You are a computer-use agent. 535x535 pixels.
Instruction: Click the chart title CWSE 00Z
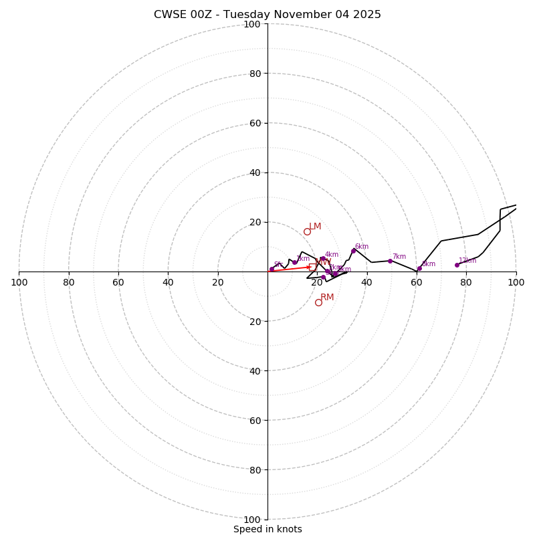[x=267, y=15]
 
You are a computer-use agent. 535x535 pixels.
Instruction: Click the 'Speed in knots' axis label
[x=267, y=529]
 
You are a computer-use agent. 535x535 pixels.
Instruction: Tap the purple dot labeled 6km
[x=354, y=251]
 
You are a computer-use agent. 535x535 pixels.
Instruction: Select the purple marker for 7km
[x=390, y=261]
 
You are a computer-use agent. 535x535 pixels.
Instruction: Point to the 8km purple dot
[x=419, y=269]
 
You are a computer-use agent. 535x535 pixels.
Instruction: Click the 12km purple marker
[x=457, y=265]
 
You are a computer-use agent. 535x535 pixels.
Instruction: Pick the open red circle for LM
[x=307, y=232]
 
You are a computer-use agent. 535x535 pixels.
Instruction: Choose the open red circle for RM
[x=318, y=302]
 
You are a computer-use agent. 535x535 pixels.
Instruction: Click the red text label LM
[x=315, y=227]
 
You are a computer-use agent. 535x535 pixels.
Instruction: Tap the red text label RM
[x=327, y=298]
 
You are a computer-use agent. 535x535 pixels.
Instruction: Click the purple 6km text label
[x=362, y=246]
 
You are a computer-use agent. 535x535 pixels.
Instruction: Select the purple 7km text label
[x=399, y=256]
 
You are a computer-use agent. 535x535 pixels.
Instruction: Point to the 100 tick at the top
[x=251, y=24]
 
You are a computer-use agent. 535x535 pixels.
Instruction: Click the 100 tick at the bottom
[x=251, y=520]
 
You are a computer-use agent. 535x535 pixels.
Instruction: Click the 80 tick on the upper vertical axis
[x=254, y=74]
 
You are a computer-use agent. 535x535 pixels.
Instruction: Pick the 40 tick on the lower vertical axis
[x=254, y=371]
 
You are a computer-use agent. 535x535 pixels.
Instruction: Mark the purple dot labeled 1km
[x=294, y=262]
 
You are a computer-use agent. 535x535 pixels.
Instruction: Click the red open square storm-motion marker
[x=312, y=267]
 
